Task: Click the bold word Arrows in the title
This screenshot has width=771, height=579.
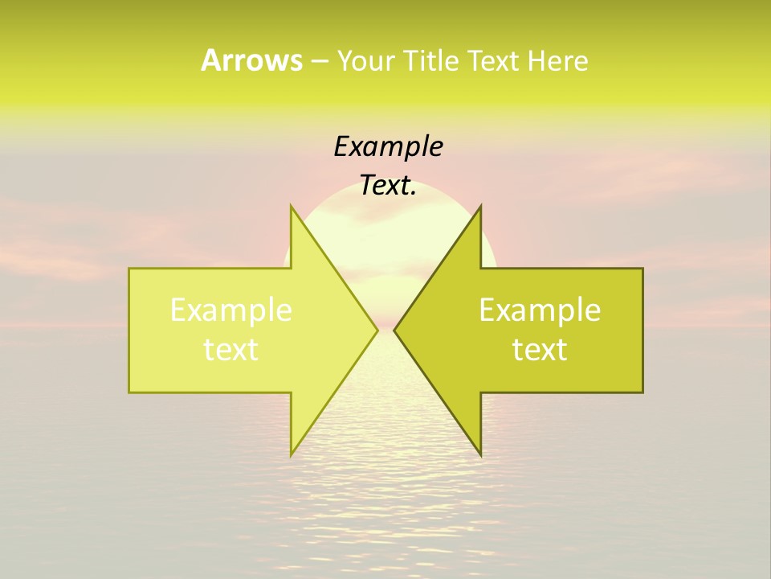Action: pos(251,60)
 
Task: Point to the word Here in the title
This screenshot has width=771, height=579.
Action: pos(558,60)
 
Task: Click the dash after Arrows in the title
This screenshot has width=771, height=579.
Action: pos(319,61)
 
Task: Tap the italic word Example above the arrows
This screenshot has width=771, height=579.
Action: pos(388,147)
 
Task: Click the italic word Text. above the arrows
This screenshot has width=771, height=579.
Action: pos(388,186)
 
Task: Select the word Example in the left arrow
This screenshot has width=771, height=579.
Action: pos(231,310)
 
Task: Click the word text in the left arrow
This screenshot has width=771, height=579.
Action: pos(231,350)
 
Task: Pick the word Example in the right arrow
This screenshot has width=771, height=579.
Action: pos(540,310)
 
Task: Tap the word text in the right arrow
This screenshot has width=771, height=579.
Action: pos(540,350)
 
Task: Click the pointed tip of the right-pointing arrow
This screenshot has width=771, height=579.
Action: pos(377,330)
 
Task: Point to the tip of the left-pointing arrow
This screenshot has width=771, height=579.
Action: pos(394,330)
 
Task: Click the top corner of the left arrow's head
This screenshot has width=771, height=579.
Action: pos(292,206)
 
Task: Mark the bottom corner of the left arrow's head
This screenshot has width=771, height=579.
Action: pos(292,455)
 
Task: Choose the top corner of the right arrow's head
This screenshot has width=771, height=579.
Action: pos(480,206)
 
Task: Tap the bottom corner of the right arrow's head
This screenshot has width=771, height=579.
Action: pos(480,455)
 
